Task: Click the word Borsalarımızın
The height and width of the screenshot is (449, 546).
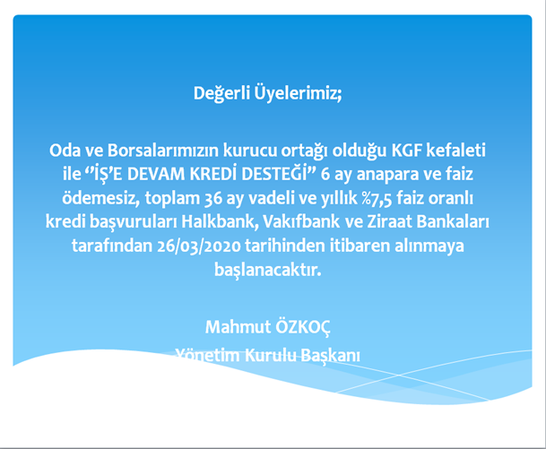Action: [x=163, y=151]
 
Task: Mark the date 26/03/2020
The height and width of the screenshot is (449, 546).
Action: [x=199, y=246]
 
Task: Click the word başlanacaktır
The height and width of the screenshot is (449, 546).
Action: [x=267, y=270]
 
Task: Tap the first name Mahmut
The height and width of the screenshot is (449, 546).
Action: [x=238, y=327]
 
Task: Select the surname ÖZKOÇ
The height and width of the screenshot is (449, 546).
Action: [x=303, y=327]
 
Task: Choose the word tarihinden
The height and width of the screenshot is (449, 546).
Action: [x=285, y=246]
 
